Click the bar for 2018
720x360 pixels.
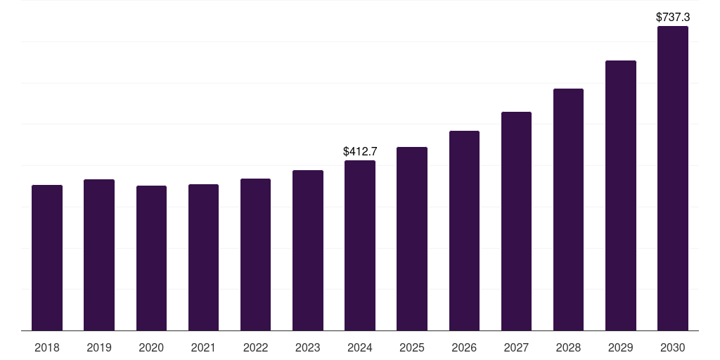[47, 257]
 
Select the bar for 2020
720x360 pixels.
[151, 258]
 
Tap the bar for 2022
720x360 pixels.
[255, 255]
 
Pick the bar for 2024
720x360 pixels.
[360, 245]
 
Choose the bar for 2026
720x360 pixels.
[464, 231]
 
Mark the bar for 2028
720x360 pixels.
[568, 210]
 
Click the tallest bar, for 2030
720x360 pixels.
[673, 179]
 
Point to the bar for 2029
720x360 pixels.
[621, 195]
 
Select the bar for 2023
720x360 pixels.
[308, 250]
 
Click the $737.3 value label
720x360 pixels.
[673, 16]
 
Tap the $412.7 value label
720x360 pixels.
[360, 151]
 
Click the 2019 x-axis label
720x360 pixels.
[99, 347]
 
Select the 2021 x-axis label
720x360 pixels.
[203, 347]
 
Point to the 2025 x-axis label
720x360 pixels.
[412, 347]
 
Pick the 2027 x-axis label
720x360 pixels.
[516, 347]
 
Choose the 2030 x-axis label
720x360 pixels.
[673, 347]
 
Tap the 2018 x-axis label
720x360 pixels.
[47, 347]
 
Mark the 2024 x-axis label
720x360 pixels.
[360, 347]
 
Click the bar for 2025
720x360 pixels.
[412, 238]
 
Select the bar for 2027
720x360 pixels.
[516, 221]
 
